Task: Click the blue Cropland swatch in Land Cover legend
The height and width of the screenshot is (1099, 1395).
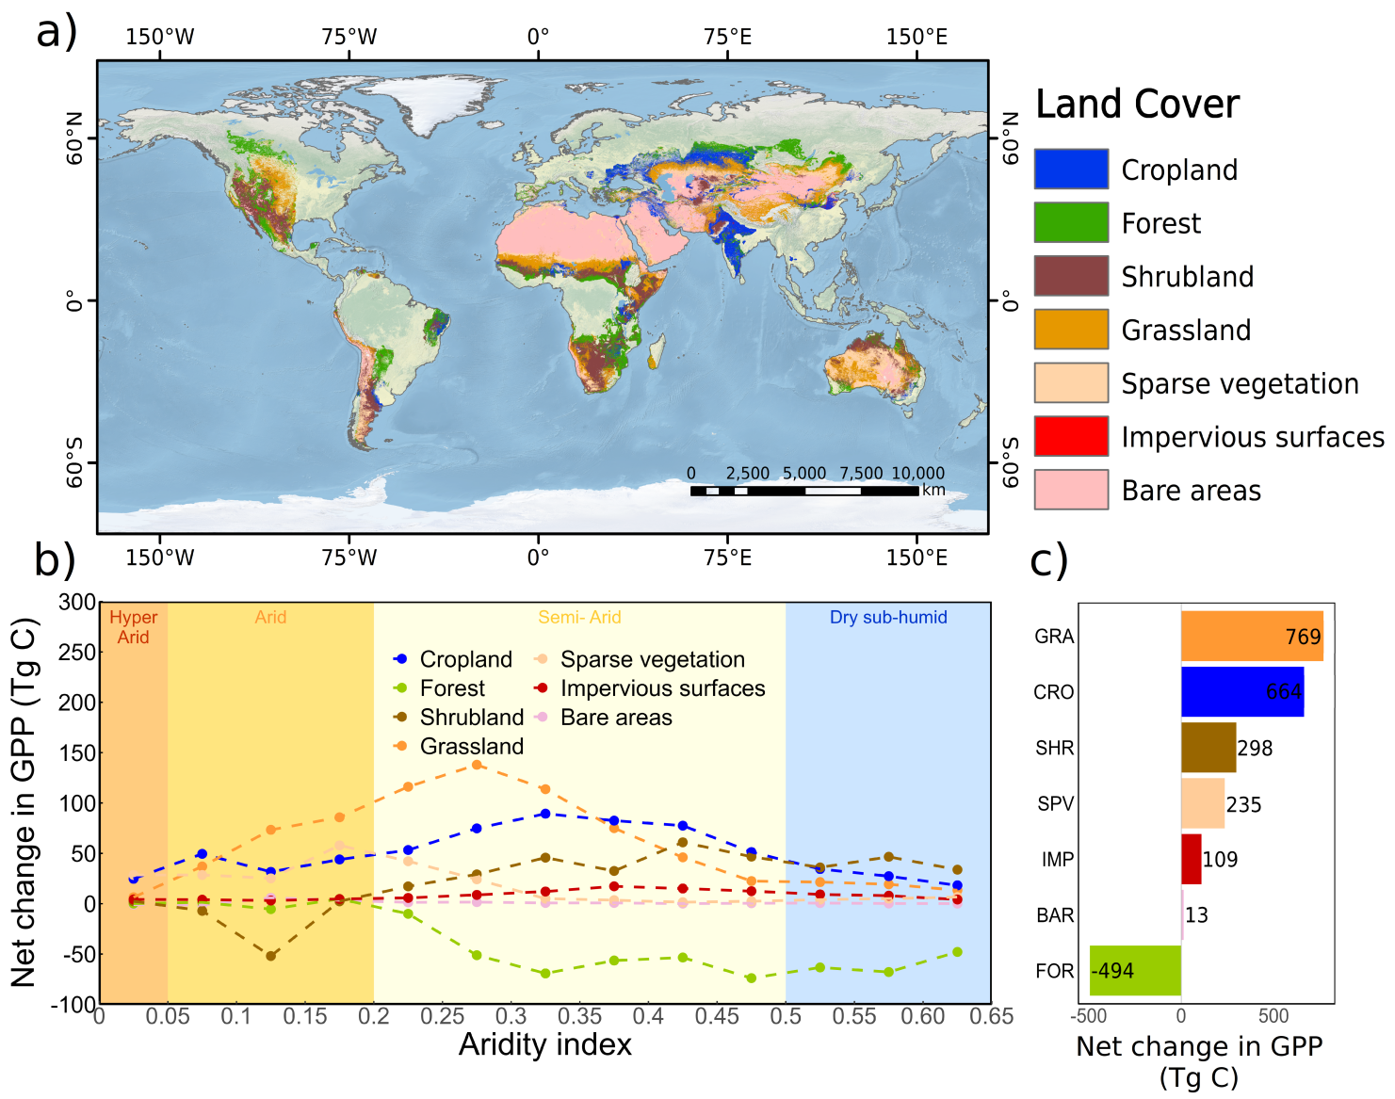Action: pos(1071,170)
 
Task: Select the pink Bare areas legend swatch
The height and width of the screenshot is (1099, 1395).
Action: pos(1071,490)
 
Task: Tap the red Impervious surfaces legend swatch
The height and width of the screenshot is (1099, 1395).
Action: pos(1071,436)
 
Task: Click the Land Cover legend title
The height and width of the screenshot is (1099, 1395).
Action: pos(1137,104)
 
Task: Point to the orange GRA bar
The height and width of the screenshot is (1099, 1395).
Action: pos(1251,637)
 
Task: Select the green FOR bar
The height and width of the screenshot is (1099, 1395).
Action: pos(1135,971)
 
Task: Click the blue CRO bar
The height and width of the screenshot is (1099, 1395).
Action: pos(1241,692)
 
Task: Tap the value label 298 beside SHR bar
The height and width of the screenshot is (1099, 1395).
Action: pos(1255,749)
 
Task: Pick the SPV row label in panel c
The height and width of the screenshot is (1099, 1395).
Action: pos(1055,804)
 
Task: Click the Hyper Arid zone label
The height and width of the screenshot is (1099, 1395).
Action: pos(133,627)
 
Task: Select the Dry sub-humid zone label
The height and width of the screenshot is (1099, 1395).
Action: pos(888,618)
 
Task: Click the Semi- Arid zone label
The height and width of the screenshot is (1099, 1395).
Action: pos(579,618)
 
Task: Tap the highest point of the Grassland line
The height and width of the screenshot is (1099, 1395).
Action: pos(477,765)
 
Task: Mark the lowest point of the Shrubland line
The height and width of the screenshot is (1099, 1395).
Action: pos(271,956)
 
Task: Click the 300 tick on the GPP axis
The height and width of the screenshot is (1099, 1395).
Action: pos(77,603)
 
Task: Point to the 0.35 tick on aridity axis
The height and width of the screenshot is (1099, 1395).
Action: pos(579,1017)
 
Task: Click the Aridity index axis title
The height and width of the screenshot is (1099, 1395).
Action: pos(544,1045)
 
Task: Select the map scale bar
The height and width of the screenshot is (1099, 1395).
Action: pos(803,491)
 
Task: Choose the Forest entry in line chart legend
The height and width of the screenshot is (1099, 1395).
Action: pos(452,688)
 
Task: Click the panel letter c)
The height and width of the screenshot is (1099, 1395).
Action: pos(1048,561)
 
